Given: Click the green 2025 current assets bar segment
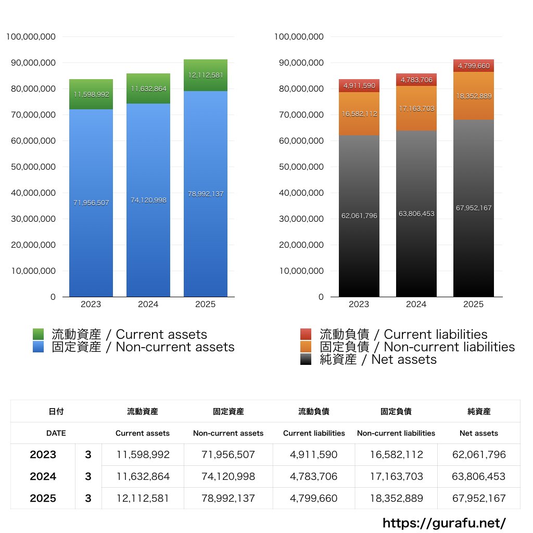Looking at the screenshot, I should pos(206,75).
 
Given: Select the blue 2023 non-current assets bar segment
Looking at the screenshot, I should pos(91,203).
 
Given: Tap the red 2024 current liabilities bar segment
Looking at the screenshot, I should pos(416,80).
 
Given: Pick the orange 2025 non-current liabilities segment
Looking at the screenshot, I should pos(474,96).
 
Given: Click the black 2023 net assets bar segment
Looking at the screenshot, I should pos(359,215).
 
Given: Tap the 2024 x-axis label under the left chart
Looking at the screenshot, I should pos(148,304).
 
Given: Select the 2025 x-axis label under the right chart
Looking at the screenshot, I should pos(474,304).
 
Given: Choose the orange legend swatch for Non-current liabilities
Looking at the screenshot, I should pos(306,347).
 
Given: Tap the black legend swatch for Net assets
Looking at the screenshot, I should pos(306,359).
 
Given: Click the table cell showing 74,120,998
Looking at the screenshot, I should pos(228,476).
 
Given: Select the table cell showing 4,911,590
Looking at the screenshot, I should pos(314,454).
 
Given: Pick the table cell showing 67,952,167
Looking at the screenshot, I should pos(479,498).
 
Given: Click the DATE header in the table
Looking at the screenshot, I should pos(56,433).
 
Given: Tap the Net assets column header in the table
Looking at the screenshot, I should pos(479,433).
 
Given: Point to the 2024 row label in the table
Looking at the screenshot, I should pos(43,476).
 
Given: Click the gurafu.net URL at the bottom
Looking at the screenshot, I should pos(444,523).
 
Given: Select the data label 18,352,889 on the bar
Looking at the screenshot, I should pos(474,96).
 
